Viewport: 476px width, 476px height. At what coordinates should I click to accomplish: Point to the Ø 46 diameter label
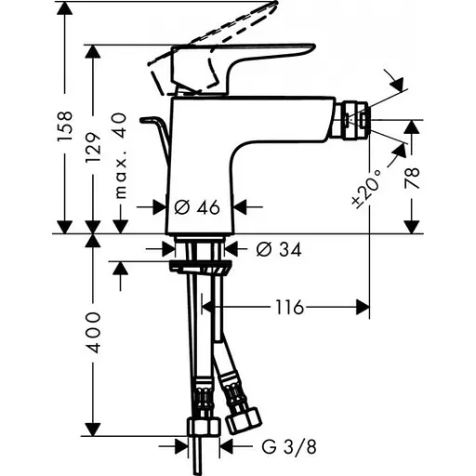point(196,207)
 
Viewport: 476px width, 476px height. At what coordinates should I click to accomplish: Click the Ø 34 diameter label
point(276,248)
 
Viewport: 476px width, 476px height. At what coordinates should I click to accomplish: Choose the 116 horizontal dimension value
point(289,307)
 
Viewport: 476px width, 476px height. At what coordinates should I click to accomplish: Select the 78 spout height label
point(414,177)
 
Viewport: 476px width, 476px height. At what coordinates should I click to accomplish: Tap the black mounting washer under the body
point(198,268)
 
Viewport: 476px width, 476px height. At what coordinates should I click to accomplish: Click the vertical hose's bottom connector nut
point(201,426)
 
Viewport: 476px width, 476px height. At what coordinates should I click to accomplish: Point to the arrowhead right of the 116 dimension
point(364,307)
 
